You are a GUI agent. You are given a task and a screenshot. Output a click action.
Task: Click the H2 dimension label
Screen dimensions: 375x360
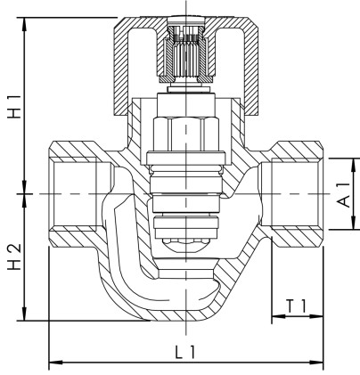13,257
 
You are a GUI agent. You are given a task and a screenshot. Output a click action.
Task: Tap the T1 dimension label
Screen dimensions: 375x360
297,306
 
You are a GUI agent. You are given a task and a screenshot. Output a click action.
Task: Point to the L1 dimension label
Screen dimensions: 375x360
184,352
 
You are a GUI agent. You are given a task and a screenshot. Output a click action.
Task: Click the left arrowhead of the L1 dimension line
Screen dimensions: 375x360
53,362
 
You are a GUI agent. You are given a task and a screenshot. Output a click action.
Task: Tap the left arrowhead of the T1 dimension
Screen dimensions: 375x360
275,319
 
